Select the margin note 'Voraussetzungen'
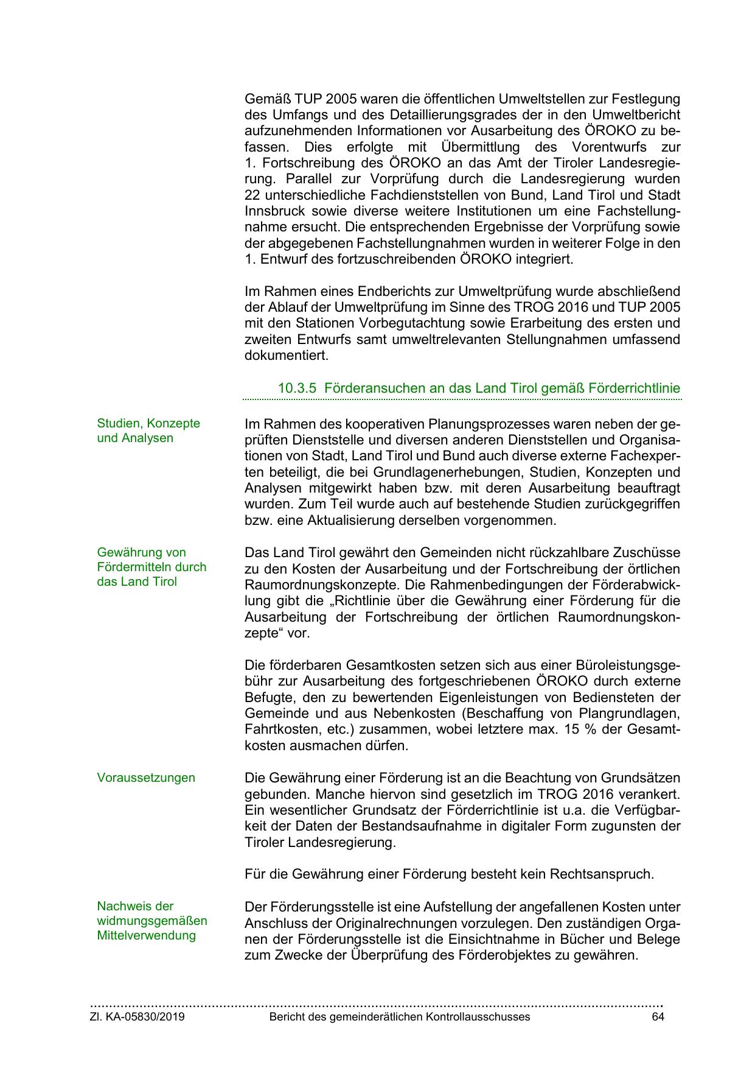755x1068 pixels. [146, 778]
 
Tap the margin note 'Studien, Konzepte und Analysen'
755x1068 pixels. [148, 430]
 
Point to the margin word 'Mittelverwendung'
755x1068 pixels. [146, 935]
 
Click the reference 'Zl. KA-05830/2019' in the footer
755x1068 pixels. [137, 1017]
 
